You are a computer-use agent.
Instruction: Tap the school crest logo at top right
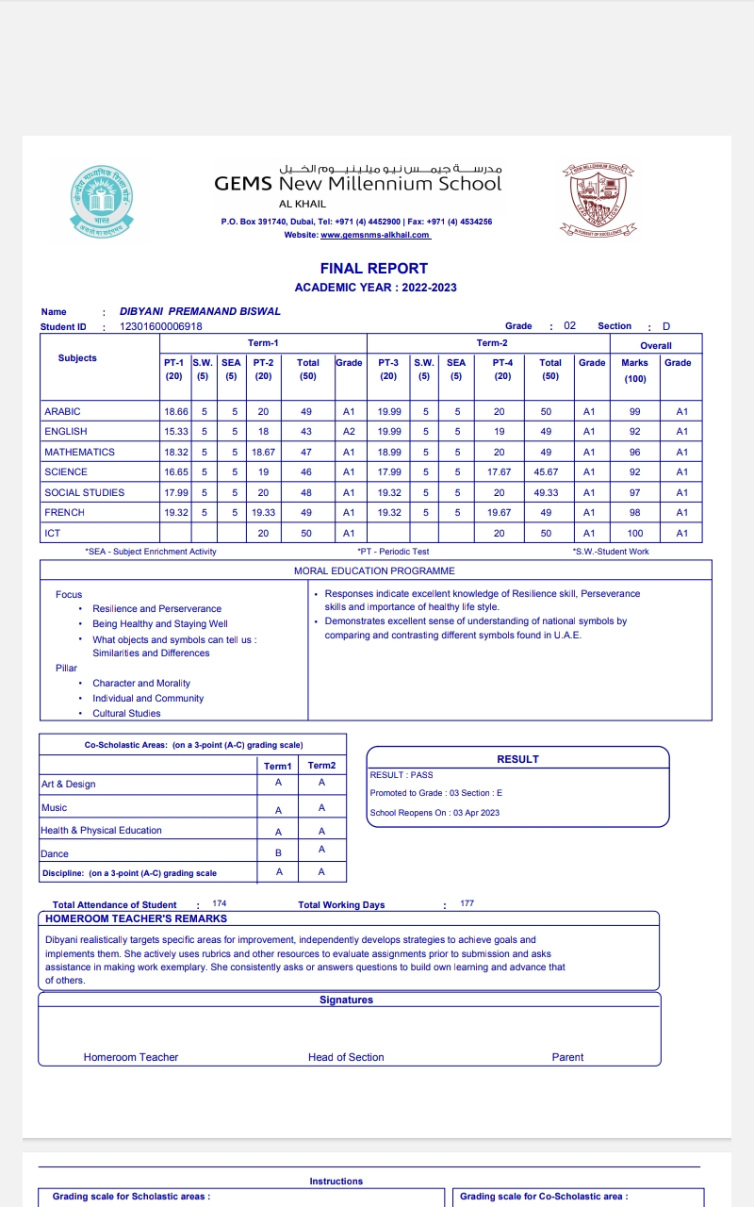pyautogui.click(x=598, y=198)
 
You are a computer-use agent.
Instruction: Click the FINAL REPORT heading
pyautogui.click(x=374, y=269)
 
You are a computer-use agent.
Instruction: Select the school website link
pyautogui.click(x=375, y=235)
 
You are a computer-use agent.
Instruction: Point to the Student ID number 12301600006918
pyautogui.click(x=161, y=327)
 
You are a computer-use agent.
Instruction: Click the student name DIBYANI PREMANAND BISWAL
pyautogui.click(x=200, y=311)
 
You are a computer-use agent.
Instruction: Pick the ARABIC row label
pyautogui.click(x=62, y=412)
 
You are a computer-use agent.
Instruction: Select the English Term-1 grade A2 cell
pyautogui.click(x=349, y=432)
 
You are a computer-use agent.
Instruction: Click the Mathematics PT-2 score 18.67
pyautogui.click(x=263, y=453)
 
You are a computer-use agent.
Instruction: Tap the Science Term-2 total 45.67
pyautogui.click(x=550, y=472)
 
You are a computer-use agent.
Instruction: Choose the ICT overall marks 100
pyautogui.click(x=635, y=534)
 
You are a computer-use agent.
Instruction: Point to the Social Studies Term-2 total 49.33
pyautogui.click(x=550, y=492)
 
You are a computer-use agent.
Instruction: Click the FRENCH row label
pyautogui.click(x=64, y=513)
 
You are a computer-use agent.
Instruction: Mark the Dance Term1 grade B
pyautogui.click(x=278, y=852)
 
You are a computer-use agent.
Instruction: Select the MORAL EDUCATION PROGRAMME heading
pyautogui.click(x=374, y=571)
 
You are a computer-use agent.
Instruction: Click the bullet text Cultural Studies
pyautogui.click(x=126, y=714)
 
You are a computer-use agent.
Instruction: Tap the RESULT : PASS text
pyautogui.click(x=402, y=775)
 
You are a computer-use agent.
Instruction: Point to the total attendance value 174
pyautogui.click(x=220, y=903)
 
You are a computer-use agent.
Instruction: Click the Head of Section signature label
pyautogui.click(x=346, y=1057)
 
